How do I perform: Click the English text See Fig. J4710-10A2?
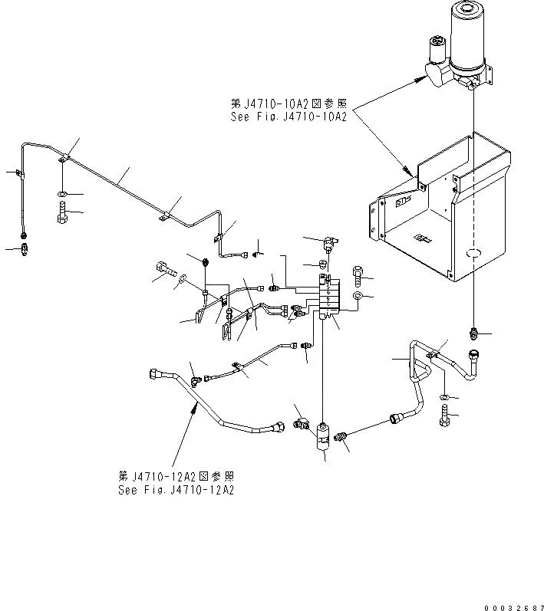289,117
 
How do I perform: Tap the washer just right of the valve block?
358,294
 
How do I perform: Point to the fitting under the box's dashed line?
474,333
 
